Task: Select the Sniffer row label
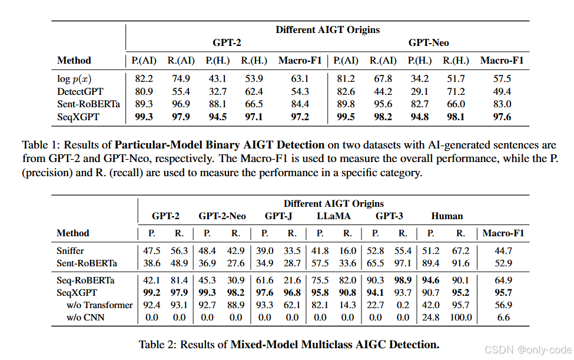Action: tap(71, 250)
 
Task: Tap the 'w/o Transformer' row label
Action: tap(99, 305)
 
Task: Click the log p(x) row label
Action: tap(73, 78)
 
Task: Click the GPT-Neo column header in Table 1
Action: tap(429, 43)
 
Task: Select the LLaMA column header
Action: tap(333, 216)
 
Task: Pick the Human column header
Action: tap(447, 216)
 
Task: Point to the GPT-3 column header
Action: tap(389, 216)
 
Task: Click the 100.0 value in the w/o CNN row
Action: tap(461, 318)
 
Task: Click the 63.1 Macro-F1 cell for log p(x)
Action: tap(300, 78)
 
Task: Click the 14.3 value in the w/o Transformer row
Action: tap(347, 305)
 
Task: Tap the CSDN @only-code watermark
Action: tap(526, 349)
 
